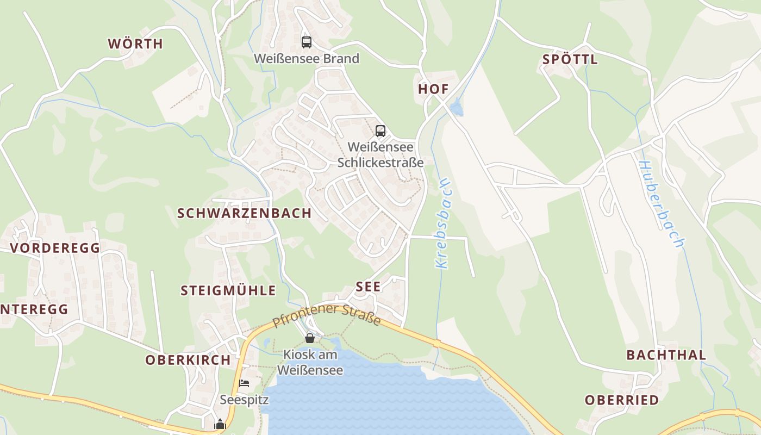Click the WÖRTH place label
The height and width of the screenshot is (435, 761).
click(135, 44)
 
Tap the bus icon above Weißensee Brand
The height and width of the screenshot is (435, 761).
click(307, 42)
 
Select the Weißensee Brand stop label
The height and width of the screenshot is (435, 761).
click(307, 59)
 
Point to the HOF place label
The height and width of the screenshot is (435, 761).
click(433, 89)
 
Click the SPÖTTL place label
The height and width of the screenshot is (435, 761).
click(570, 60)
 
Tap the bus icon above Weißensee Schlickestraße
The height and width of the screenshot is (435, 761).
click(380, 131)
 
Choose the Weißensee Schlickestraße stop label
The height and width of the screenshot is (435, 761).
click(380, 154)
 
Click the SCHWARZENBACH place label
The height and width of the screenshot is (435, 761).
click(245, 213)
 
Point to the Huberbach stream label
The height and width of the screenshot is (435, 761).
click(660, 204)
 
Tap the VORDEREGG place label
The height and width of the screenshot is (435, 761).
click(55, 248)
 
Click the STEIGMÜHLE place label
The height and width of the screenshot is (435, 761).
click(228, 290)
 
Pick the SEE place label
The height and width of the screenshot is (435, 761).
click(368, 287)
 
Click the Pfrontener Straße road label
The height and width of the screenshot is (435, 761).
click(326, 316)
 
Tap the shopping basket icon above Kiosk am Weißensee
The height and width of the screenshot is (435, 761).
click(310, 338)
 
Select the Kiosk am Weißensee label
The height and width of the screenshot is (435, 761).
click(310, 363)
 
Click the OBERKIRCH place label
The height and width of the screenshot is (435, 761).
click(188, 360)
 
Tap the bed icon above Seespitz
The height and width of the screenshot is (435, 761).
click(244, 383)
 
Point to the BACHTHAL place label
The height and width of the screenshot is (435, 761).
click(666, 355)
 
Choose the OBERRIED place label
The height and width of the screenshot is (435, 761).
click(622, 400)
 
